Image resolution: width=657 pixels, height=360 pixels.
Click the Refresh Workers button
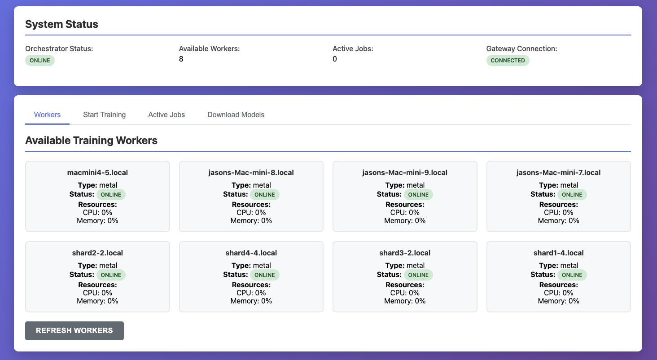[x=74, y=331]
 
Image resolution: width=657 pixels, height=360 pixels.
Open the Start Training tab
[x=104, y=114]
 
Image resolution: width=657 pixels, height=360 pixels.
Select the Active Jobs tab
[x=166, y=114]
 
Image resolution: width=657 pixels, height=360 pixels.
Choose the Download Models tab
[x=236, y=114]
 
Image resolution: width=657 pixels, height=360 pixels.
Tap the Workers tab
[x=47, y=114]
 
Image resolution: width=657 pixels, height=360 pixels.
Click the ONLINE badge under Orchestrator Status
[x=40, y=61]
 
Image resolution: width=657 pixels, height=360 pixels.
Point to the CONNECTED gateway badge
[x=508, y=61]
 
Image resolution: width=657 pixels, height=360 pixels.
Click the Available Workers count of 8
[x=181, y=59]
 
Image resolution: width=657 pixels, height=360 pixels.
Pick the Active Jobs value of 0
[x=335, y=59]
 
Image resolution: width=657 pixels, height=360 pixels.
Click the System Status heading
[x=61, y=24]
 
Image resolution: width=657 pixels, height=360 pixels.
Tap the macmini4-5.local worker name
[x=97, y=172]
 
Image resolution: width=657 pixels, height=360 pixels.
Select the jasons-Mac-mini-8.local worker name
[x=251, y=172]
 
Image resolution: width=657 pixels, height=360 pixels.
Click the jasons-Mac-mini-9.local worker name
[x=405, y=172]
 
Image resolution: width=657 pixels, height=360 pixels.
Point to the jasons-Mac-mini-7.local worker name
[x=558, y=172]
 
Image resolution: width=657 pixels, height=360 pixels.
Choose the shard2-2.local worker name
[x=97, y=253]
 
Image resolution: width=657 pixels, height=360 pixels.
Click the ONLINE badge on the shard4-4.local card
[x=264, y=275]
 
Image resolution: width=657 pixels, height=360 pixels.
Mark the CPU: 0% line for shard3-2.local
[x=405, y=293]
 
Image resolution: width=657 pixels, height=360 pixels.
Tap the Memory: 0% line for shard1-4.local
[x=558, y=301]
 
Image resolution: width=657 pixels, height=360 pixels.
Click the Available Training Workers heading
[x=91, y=140]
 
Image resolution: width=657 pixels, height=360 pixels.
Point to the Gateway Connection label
[x=521, y=48]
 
